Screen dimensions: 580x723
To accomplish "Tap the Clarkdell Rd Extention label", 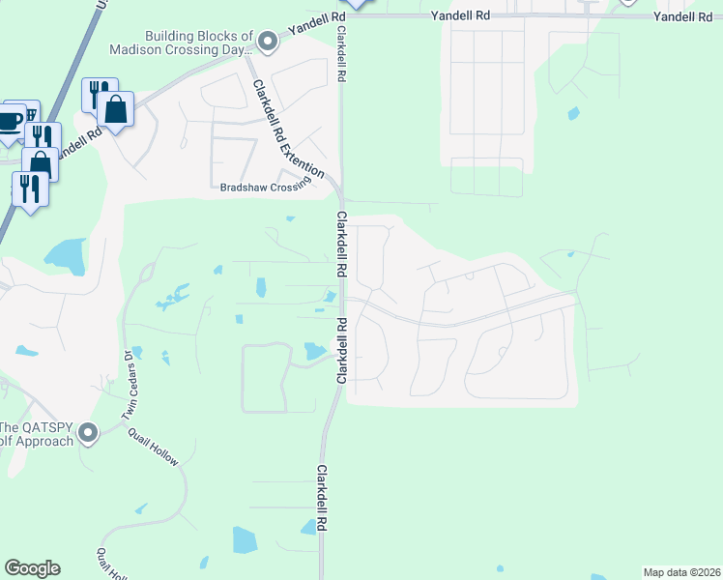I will pos(288,127).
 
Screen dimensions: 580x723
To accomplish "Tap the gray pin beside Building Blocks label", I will pos(268,41).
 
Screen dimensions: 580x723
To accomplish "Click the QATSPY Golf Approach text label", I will pos(37,434).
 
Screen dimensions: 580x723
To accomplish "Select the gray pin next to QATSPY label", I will pos(89,433).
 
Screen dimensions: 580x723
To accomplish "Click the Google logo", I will pos(32,568).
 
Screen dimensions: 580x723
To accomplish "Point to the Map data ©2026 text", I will pos(681,571).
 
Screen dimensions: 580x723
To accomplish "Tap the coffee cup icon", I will pos(10,122).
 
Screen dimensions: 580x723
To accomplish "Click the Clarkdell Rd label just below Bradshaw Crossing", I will pos(341,247).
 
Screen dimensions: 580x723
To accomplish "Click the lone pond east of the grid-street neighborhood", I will pos(574,113).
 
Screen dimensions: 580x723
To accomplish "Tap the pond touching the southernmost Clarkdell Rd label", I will pos(310,527).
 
